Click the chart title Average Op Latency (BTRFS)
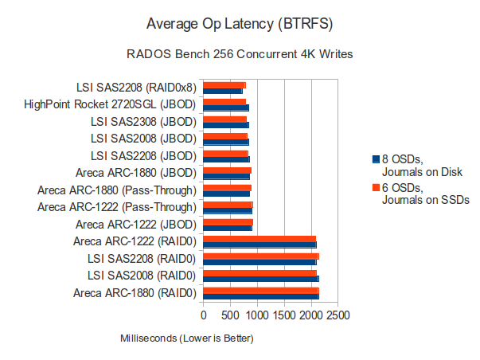[240, 22]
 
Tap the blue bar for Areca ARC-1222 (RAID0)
[260, 245]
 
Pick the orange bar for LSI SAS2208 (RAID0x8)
[224, 84]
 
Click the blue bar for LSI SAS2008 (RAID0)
[261, 279]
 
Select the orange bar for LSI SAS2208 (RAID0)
[261, 256]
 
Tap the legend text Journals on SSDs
[426, 200]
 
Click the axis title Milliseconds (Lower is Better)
[186, 338]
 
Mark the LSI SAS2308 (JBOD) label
[144, 121]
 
